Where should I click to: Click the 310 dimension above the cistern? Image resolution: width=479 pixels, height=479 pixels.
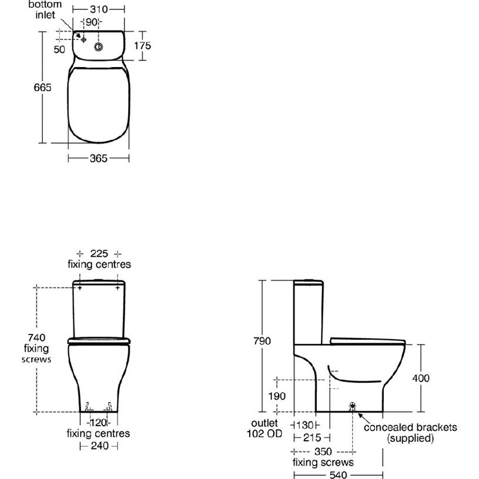coord(99,9)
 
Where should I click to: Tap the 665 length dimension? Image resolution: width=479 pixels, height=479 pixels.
coord(42,88)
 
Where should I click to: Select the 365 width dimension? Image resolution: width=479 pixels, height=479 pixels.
coord(98,158)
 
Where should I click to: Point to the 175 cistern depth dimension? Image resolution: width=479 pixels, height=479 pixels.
coord(142,46)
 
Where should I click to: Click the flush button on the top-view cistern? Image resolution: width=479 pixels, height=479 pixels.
coord(98,47)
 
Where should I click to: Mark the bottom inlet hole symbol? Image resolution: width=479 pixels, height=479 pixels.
coord(83,40)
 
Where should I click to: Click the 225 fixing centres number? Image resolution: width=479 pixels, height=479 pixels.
coord(99,253)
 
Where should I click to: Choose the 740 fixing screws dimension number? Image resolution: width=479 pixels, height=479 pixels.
coord(36,337)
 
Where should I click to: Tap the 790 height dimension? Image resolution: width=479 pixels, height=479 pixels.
coord(262,341)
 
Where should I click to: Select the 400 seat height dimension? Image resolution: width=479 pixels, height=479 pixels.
coord(421,378)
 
